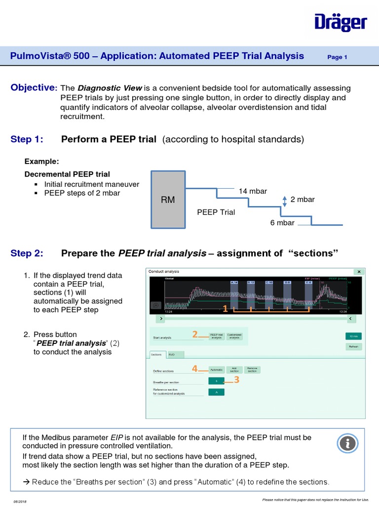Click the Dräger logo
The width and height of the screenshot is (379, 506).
coord(341,23)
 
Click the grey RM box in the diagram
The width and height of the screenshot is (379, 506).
coord(168,199)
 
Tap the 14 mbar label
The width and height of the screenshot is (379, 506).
coord(249,191)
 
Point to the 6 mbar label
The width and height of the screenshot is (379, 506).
coord(282,223)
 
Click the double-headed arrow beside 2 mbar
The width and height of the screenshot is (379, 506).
coord(284,200)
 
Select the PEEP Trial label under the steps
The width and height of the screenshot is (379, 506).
coord(216,212)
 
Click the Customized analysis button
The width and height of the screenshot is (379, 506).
coord(234,336)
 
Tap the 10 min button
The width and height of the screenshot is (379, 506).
coord(353,336)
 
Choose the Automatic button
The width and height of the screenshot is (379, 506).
coord(216,370)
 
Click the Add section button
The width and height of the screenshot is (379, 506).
coord(234,370)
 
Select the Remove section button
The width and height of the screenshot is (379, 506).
coord(252,370)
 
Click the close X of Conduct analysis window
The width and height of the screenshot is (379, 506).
coord(359,272)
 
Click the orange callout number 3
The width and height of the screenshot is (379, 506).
coord(237,379)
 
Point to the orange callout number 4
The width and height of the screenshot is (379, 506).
coord(195,368)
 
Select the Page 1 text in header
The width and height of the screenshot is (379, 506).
coord(338,57)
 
